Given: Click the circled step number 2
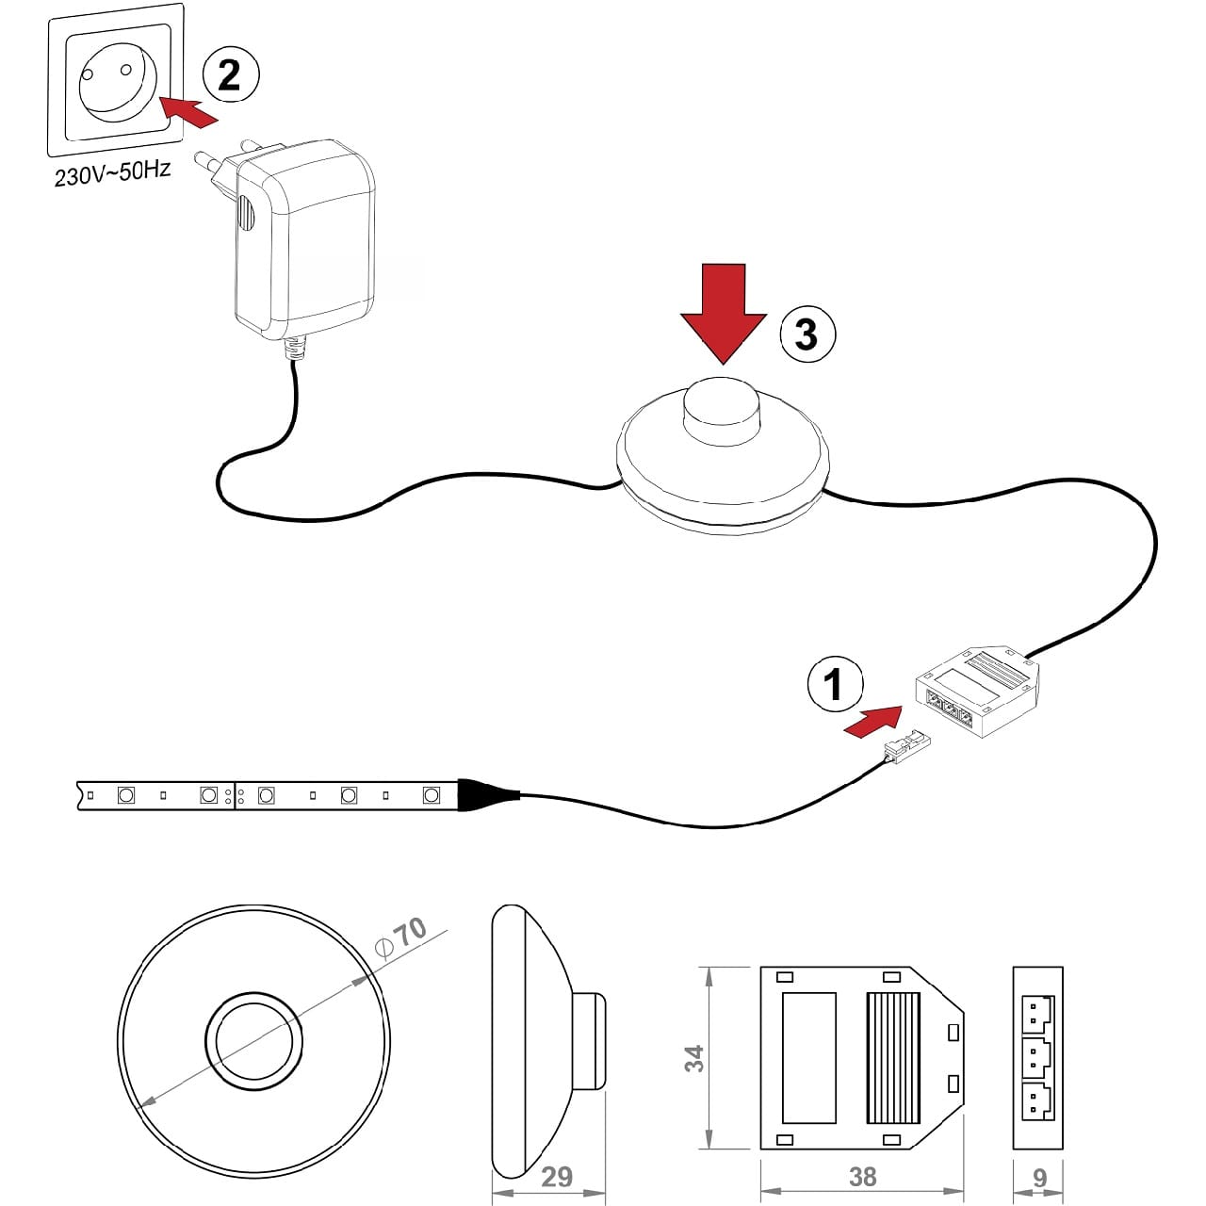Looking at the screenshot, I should pos(230,74).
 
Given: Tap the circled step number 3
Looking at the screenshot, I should pos(807,334).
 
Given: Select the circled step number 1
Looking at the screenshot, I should pos(834,684).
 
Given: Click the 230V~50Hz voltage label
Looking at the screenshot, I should pos(112,173).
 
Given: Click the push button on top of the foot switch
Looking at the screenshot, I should pos(724,406).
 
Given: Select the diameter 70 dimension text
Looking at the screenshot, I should pos(402,938).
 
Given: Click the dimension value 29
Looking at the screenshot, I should pos(557,1177).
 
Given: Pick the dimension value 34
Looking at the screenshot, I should pos(694,1058).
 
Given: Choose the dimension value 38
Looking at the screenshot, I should pos(862,1177).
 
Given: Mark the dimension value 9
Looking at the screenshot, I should pos(1039,1177).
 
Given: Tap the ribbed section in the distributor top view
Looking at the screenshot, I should pos(892,1058).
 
